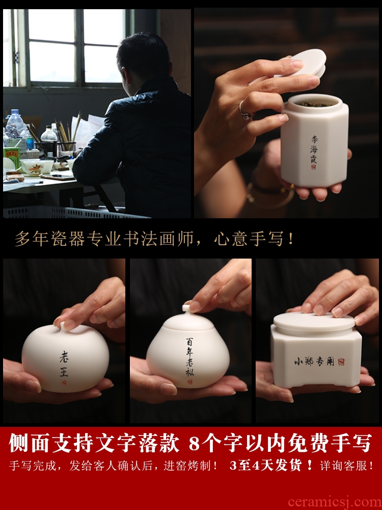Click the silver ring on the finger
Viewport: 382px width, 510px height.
(244, 110)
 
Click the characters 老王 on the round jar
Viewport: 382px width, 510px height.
(64, 364)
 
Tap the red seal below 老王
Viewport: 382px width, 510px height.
(64, 383)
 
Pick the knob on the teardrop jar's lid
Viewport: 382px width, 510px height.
(187, 308)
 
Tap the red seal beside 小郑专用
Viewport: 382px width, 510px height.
(341, 362)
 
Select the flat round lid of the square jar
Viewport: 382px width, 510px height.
(314, 322)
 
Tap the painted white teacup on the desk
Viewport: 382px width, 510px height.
(36, 167)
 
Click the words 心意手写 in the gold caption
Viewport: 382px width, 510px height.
(249, 239)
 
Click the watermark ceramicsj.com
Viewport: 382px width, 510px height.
(335, 502)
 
